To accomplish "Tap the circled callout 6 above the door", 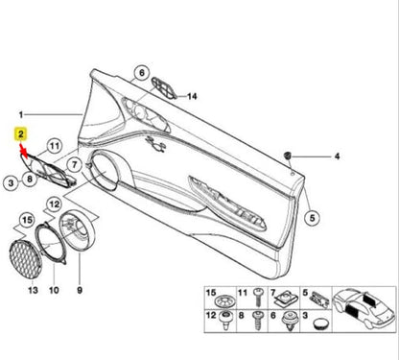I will [x=141, y=73].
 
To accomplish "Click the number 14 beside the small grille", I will [x=191, y=97].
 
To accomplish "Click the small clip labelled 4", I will [x=290, y=154].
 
